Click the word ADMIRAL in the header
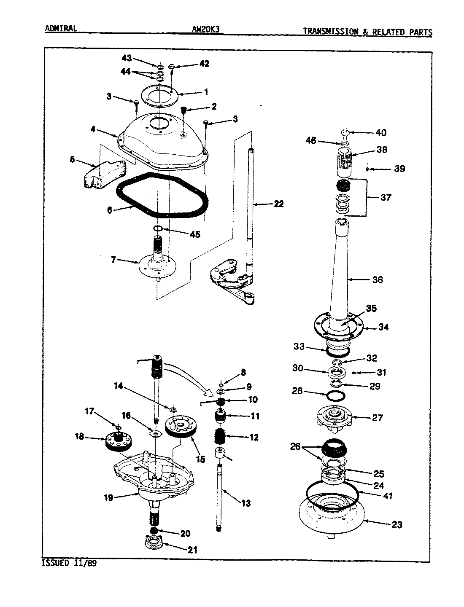click(x=61, y=29)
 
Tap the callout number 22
click(x=278, y=204)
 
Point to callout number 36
click(x=378, y=279)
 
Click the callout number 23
click(x=397, y=525)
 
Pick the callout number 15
click(x=200, y=459)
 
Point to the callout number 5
click(x=72, y=160)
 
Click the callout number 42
click(x=204, y=64)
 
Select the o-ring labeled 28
click(x=336, y=396)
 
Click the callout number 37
click(x=386, y=197)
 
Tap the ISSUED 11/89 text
click(x=69, y=564)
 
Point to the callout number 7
click(x=113, y=260)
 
